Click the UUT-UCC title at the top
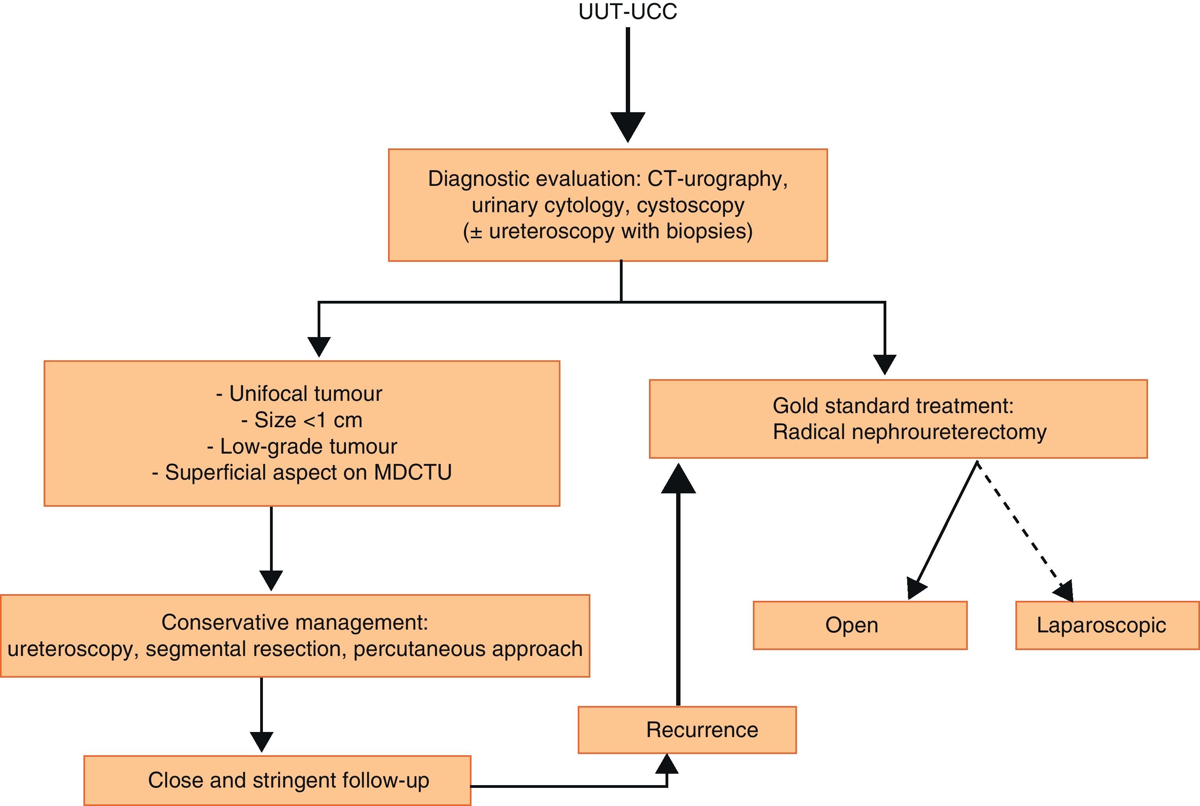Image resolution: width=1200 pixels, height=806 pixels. click(x=627, y=11)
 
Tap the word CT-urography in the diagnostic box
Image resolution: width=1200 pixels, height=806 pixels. click(x=717, y=179)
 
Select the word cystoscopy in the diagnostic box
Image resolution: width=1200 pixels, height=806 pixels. click(x=690, y=205)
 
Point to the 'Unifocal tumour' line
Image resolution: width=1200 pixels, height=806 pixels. click(x=300, y=394)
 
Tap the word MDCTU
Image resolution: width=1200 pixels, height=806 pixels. click(x=412, y=472)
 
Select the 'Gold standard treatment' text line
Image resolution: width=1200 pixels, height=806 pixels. click(x=893, y=406)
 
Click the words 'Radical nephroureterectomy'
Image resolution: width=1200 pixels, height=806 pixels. click(x=909, y=432)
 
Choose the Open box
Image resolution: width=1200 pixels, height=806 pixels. click(x=860, y=625)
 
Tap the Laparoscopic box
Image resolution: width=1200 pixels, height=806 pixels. click(x=1107, y=625)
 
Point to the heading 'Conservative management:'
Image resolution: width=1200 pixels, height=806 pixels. click(x=294, y=623)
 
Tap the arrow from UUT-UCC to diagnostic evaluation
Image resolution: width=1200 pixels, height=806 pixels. click(x=628, y=82)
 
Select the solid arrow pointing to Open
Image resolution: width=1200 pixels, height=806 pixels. click(x=945, y=530)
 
